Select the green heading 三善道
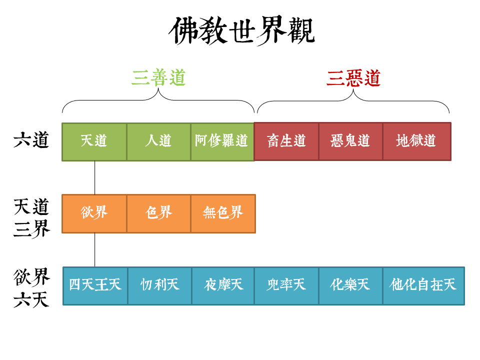(x=158, y=78)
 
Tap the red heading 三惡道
(x=353, y=78)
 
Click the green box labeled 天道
(x=94, y=141)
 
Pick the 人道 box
(x=158, y=141)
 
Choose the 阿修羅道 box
(x=222, y=141)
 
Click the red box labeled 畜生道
(x=286, y=141)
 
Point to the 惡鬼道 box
(x=350, y=141)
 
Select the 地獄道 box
(x=416, y=141)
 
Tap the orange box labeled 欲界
(x=94, y=213)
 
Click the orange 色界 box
(x=158, y=213)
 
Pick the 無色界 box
(x=222, y=213)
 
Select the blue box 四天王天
(x=95, y=285)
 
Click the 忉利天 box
(x=159, y=285)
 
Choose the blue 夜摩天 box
(x=223, y=285)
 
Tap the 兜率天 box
(x=286, y=285)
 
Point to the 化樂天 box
(x=350, y=285)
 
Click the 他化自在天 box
(x=423, y=285)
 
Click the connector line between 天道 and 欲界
(x=94, y=177)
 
